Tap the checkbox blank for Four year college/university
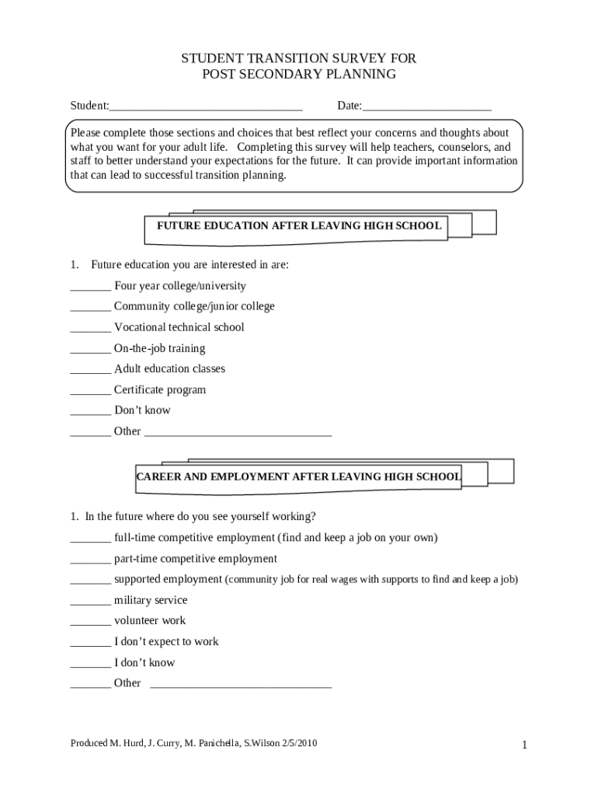pyautogui.click(x=90, y=287)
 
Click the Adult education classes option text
pyautogui.click(x=169, y=369)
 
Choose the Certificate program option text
pyautogui.click(x=160, y=390)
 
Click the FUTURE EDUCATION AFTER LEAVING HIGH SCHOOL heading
pyautogui.click(x=299, y=226)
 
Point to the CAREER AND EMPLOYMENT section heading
pyautogui.click(x=298, y=477)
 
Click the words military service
pyautogui.click(x=151, y=600)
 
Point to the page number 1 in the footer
pyautogui.click(x=525, y=745)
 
